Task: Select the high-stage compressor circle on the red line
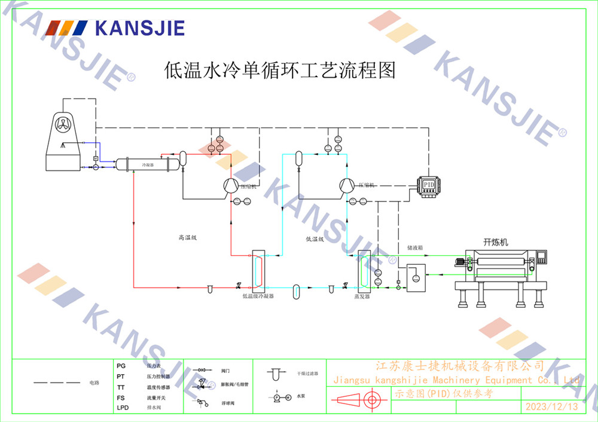(x=230, y=186)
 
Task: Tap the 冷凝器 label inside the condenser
(x=148, y=164)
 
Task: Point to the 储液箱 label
(x=415, y=246)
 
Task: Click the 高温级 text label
(x=187, y=238)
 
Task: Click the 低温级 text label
(x=315, y=239)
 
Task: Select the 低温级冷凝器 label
(x=258, y=296)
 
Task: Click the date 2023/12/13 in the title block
(x=551, y=407)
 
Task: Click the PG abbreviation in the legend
(x=121, y=365)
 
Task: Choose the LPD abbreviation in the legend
(x=123, y=408)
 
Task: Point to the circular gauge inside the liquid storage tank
(x=416, y=277)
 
